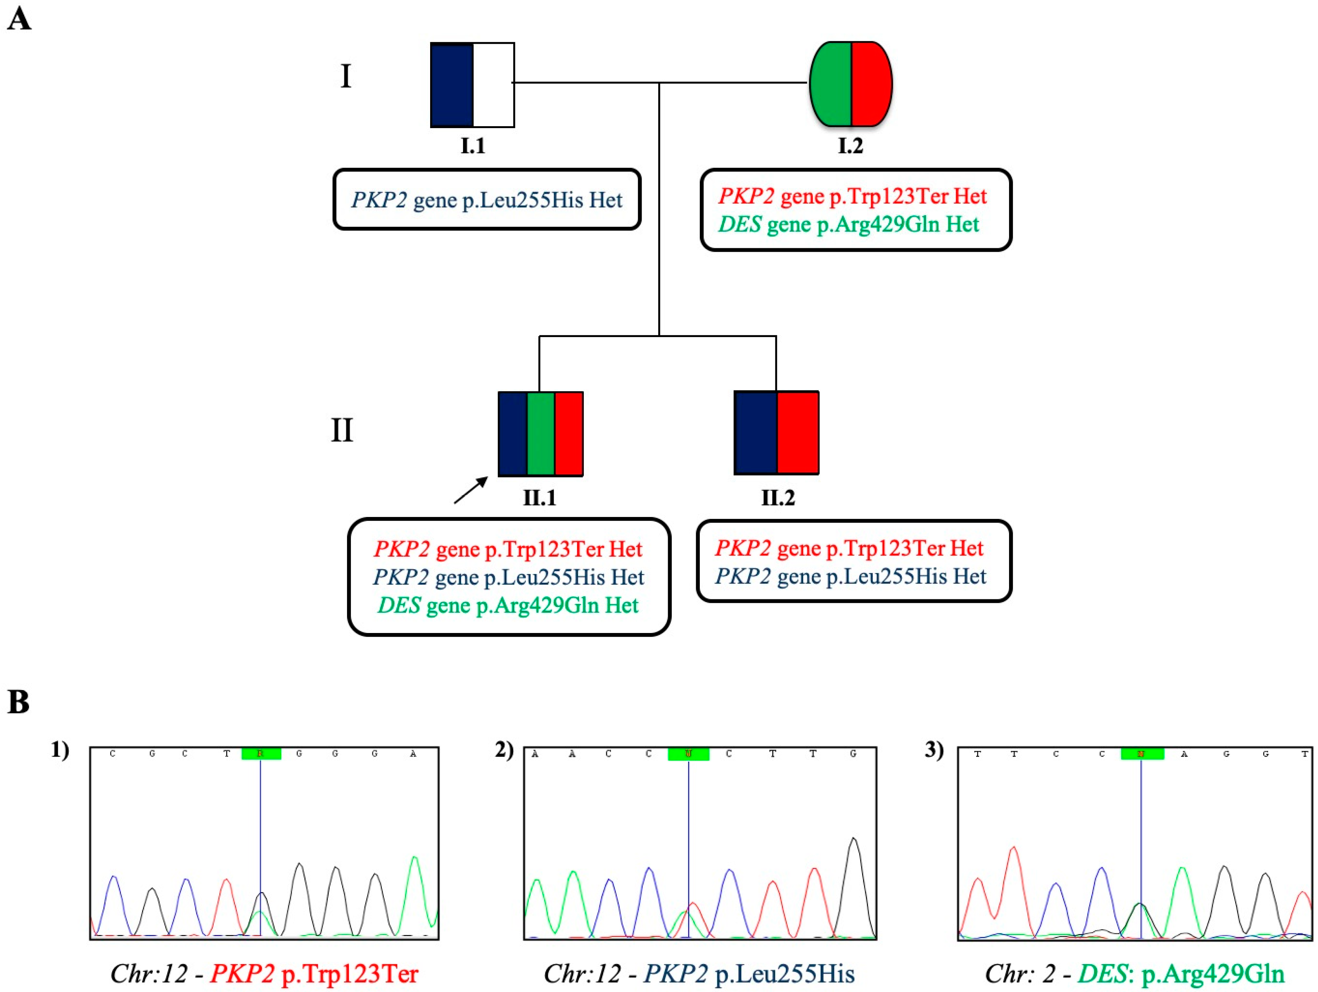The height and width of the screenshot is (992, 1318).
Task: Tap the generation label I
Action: [346, 76]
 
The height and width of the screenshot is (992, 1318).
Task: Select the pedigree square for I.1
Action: [472, 85]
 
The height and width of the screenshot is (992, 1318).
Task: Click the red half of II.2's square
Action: [798, 433]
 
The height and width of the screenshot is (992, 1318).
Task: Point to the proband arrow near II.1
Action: [471, 490]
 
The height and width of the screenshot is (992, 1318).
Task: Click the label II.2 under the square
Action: [778, 497]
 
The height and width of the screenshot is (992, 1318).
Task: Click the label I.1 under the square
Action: [472, 145]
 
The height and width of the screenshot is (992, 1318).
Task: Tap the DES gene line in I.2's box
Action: [849, 225]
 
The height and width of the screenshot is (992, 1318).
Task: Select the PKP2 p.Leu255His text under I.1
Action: [487, 200]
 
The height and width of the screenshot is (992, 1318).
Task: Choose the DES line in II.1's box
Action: [508, 606]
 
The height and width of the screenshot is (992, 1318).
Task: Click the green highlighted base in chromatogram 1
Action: [261, 754]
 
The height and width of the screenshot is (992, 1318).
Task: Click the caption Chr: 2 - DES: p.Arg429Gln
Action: [1134, 973]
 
